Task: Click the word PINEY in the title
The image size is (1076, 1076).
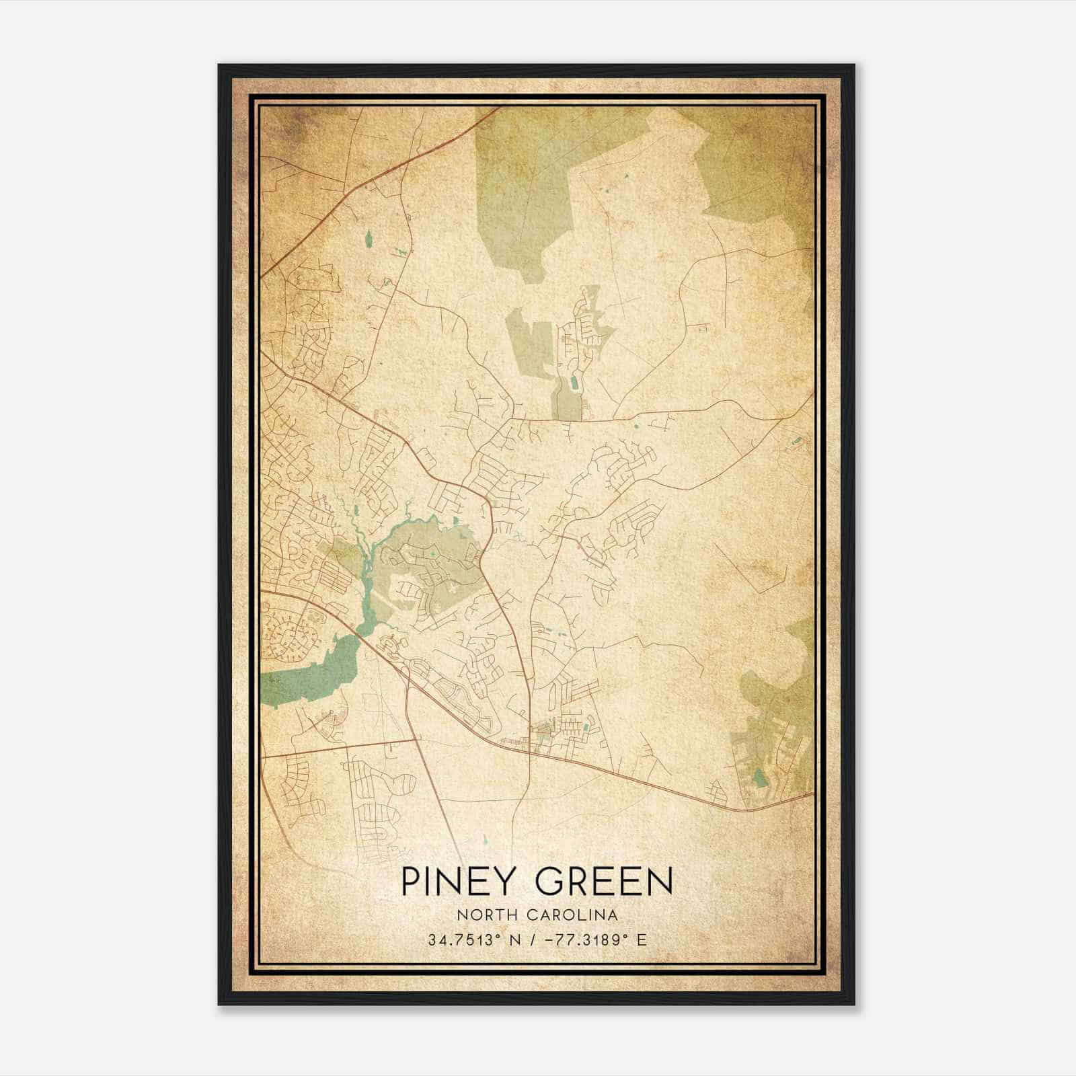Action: [x=455, y=882]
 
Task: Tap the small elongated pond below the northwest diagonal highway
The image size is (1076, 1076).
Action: [x=368, y=239]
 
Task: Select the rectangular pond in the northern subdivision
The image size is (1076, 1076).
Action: [x=573, y=384]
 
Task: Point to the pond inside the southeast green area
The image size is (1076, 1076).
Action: [x=761, y=778]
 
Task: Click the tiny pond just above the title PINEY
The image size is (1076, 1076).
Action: [x=484, y=840]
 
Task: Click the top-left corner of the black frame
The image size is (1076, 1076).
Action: [x=219, y=65]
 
